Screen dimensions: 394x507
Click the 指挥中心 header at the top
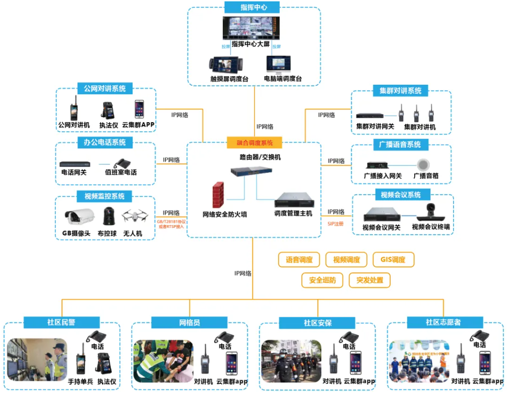tap(253, 8)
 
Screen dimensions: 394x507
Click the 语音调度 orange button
tap(299, 260)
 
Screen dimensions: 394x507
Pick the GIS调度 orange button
tap(393, 260)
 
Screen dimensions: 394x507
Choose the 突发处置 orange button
tap(369, 280)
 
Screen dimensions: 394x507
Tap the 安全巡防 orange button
tap(323, 280)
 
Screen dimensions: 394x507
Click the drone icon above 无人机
tap(134, 216)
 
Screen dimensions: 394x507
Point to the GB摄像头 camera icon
tap(79, 216)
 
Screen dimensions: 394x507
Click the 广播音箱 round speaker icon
tap(425, 164)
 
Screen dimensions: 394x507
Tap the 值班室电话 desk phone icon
tap(120, 163)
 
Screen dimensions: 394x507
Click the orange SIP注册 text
tap(335, 223)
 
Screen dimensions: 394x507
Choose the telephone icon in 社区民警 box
tap(95, 336)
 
